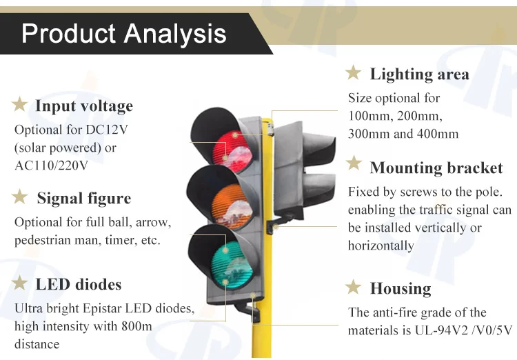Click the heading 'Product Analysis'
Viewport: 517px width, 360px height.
coord(124,33)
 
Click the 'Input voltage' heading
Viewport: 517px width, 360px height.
coord(84,106)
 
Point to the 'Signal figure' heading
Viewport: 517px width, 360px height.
coord(84,199)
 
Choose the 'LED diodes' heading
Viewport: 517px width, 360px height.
coord(79,284)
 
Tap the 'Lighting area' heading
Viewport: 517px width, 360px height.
coord(419,74)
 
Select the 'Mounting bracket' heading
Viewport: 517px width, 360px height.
coord(436,168)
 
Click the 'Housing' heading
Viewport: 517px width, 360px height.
coord(401,288)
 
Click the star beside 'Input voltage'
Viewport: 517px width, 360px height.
coord(19,106)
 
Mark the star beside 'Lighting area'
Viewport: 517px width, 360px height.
coord(354,72)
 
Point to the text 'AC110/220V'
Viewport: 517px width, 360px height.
coord(51,166)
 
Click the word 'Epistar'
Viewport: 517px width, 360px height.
coord(121,308)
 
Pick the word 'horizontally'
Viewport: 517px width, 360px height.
coord(381,246)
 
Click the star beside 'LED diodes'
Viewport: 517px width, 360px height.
coord(20,283)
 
